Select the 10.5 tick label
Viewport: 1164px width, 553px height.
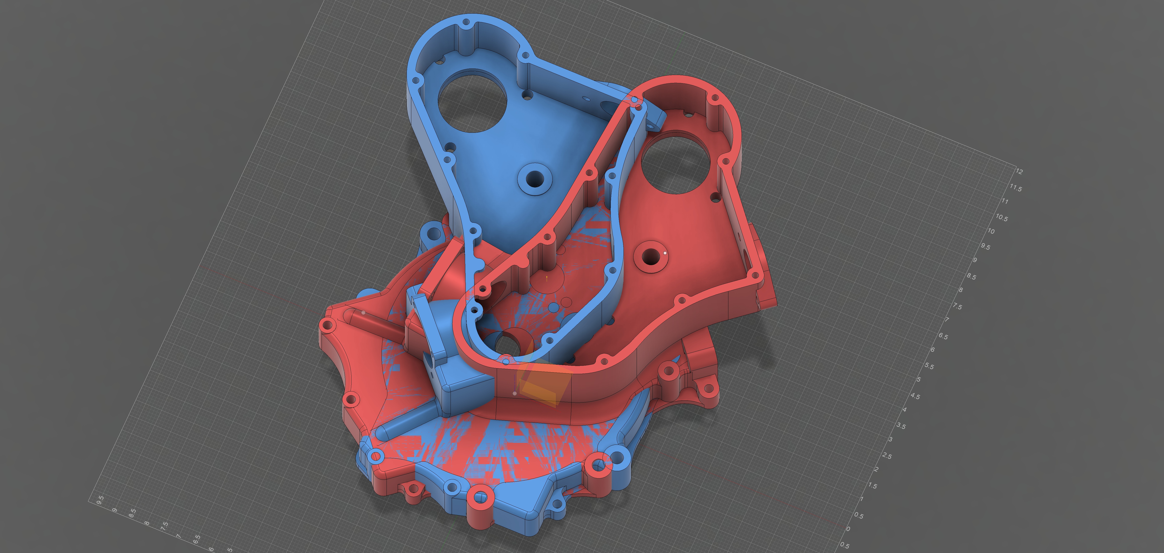[x=1001, y=217]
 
